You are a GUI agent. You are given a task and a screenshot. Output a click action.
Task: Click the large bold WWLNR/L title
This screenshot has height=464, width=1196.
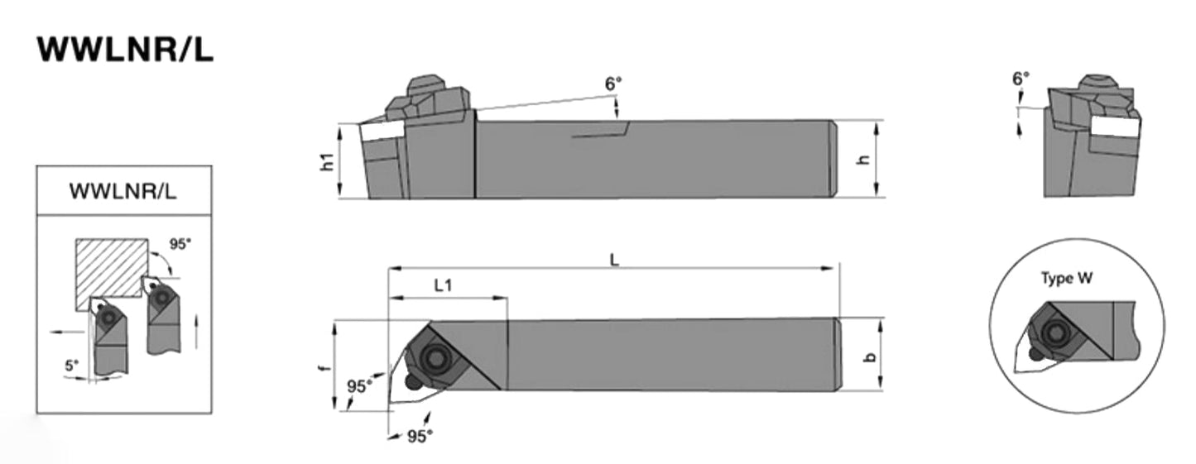pyautogui.click(x=125, y=49)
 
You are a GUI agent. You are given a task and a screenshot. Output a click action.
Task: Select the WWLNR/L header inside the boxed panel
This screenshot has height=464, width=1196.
pyautogui.click(x=122, y=191)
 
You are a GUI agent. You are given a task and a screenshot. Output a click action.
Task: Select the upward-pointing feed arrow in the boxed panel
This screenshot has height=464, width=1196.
pyautogui.click(x=196, y=330)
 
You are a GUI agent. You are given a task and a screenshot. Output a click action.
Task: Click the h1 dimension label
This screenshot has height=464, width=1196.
pyautogui.click(x=328, y=162)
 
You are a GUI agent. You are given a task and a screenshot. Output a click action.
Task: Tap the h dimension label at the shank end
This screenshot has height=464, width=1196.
pyautogui.click(x=866, y=160)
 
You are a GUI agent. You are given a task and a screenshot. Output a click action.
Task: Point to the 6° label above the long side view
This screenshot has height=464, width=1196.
pyautogui.click(x=612, y=83)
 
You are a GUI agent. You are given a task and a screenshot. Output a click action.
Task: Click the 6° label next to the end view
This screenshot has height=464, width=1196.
pyautogui.click(x=1021, y=79)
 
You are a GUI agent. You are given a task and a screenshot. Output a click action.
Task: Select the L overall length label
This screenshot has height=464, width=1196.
pyautogui.click(x=614, y=259)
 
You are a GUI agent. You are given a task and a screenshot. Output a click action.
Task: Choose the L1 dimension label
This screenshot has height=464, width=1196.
pyautogui.click(x=444, y=285)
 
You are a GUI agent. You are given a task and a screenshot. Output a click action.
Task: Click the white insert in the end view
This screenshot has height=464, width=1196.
pyautogui.click(x=1115, y=126)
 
